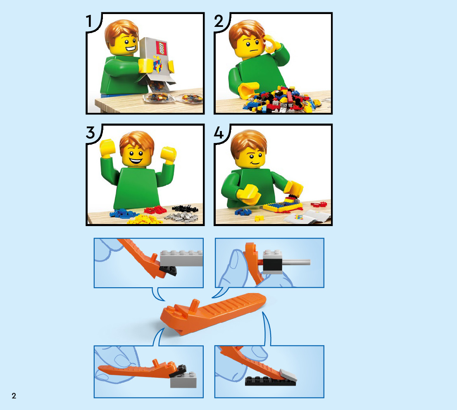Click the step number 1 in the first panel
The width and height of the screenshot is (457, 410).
tap(89, 21)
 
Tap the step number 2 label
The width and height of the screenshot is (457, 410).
tap(219, 21)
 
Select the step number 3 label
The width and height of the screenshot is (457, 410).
tap(90, 133)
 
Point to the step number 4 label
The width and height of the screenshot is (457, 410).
tap(219, 133)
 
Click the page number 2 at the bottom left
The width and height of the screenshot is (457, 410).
tap(14, 396)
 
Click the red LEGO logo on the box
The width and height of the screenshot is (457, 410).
tap(162, 48)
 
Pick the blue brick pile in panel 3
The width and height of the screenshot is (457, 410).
tap(124, 214)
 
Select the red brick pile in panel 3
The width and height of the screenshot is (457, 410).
tap(155, 210)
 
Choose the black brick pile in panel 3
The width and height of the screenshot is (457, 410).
tap(185, 208)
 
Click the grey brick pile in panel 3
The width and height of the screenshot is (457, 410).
tap(183, 217)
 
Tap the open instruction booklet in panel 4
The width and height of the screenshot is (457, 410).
tap(307, 217)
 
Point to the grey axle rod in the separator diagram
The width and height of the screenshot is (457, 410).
tap(296, 262)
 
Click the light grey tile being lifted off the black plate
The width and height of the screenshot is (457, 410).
tap(288, 375)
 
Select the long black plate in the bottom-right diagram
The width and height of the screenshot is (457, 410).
tap(270, 381)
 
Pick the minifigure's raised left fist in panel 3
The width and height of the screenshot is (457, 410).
tap(107, 147)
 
